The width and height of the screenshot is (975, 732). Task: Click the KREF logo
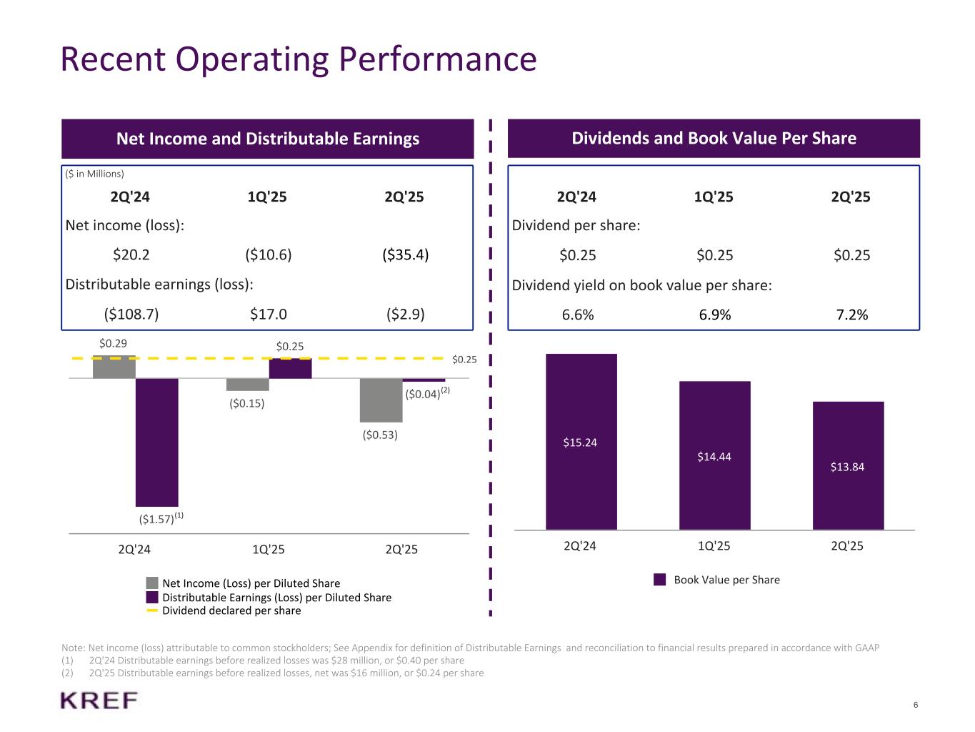click(99, 701)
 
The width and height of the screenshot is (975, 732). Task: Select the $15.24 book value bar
click(581, 442)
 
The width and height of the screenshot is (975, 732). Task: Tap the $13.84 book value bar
click(848, 466)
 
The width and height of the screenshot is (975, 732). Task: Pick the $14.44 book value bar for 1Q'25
click(714, 456)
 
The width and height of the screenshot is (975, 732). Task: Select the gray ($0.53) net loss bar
click(381, 400)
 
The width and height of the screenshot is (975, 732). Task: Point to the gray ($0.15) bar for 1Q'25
click(247, 385)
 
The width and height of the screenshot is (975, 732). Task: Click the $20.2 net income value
click(131, 254)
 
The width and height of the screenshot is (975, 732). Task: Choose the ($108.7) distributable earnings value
click(131, 314)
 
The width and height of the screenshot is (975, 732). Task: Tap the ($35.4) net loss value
click(405, 254)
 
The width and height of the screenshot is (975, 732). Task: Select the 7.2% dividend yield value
click(851, 315)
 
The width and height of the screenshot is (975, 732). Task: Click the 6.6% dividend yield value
click(578, 315)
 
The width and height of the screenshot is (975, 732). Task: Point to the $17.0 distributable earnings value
click(268, 314)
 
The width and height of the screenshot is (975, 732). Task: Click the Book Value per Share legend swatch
click(660, 580)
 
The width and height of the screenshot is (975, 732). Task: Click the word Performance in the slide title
click(437, 59)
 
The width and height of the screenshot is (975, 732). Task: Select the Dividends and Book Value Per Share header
click(714, 138)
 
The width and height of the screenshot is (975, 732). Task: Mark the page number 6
click(916, 705)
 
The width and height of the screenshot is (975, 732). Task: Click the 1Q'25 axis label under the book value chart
click(714, 546)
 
